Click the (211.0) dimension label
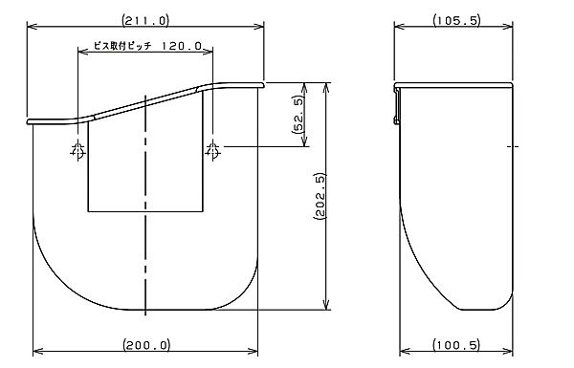[x=145, y=20]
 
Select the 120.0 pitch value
[x=182, y=46]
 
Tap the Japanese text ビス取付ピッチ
[x=122, y=46]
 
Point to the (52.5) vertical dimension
[x=298, y=115]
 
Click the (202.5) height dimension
[x=320, y=197]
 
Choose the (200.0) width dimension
[x=146, y=345]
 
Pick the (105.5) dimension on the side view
[x=456, y=20]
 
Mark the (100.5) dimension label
[x=456, y=345]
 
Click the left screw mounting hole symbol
[x=78, y=150]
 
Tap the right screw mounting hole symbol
[x=212, y=150]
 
